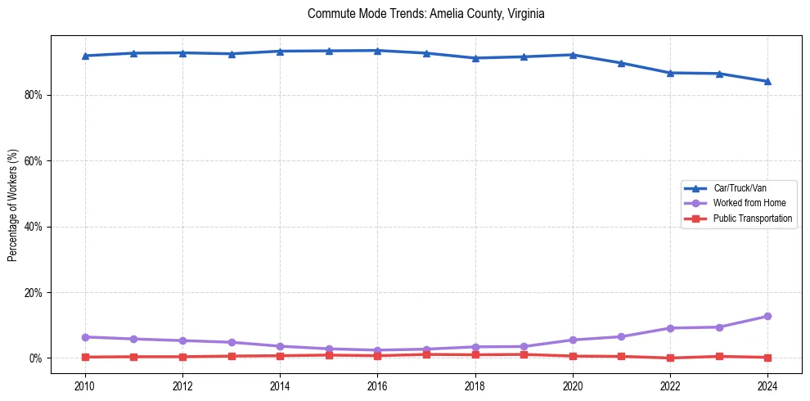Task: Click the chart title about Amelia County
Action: click(x=425, y=14)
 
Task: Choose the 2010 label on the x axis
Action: click(x=85, y=385)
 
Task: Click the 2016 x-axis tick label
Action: click(x=377, y=385)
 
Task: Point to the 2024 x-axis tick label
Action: click(x=767, y=385)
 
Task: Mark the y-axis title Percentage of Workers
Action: click(x=13, y=205)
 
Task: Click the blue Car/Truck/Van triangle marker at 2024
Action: click(x=767, y=81)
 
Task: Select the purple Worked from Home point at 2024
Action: click(x=767, y=317)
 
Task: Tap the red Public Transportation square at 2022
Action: click(x=670, y=358)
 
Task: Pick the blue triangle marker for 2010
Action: click(x=85, y=56)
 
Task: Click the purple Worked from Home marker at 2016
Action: click(x=377, y=350)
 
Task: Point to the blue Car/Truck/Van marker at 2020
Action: click(x=573, y=55)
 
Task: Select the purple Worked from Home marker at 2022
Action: click(x=670, y=328)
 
